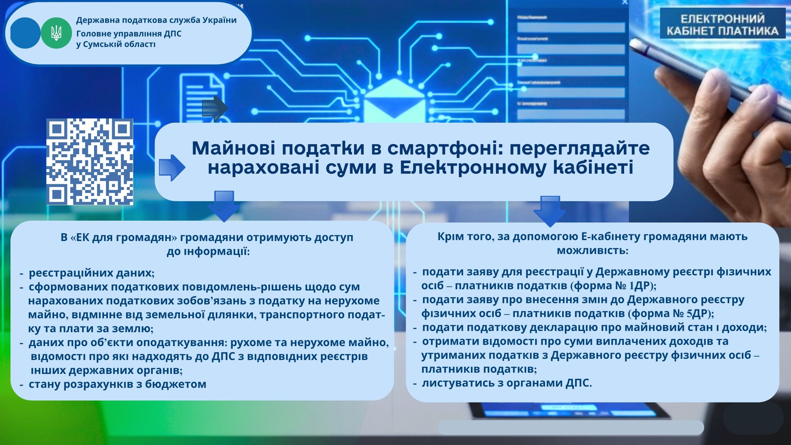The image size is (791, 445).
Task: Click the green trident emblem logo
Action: click(x=56, y=33)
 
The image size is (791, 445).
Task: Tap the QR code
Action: click(x=90, y=162)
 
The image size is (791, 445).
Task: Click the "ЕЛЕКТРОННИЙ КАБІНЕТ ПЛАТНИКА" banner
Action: click(x=723, y=23)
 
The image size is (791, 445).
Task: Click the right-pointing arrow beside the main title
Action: click(x=172, y=167)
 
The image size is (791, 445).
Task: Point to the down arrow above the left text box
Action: click(x=223, y=206)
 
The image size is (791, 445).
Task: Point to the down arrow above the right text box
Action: click(x=549, y=211)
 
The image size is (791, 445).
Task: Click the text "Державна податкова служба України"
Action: click(x=156, y=20)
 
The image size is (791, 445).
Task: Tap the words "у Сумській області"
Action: click(x=116, y=44)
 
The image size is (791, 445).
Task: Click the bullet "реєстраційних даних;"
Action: click(x=91, y=273)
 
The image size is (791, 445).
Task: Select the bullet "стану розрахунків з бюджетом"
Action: click(x=117, y=384)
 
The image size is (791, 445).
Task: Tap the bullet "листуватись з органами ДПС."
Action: click(x=507, y=383)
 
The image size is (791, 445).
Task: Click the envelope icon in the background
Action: click(x=395, y=100)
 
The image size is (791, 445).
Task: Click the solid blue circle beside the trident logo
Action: click(x=25, y=33)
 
